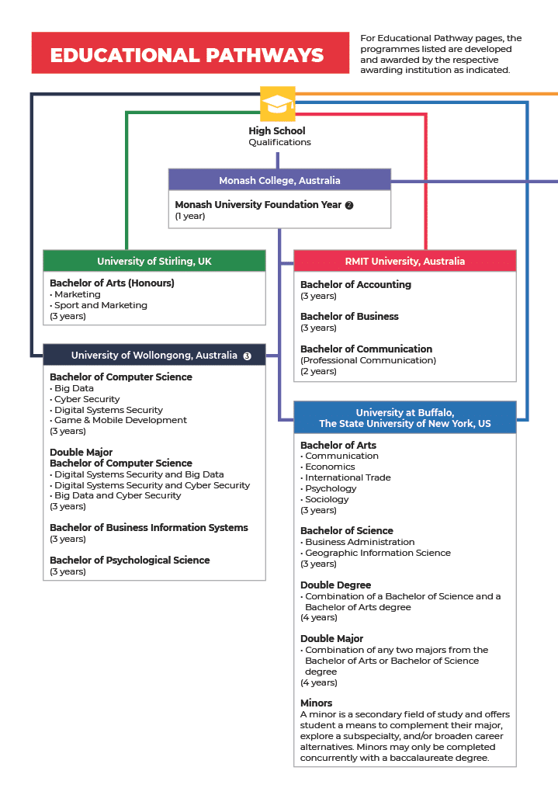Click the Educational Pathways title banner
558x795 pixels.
(x=190, y=54)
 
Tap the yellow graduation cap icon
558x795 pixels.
(x=277, y=104)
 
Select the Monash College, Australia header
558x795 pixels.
(x=279, y=181)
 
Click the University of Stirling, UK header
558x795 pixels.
(x=154, y=262)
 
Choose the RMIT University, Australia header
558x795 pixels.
(x=404, y=262)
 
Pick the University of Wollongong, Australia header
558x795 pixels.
(x=154, y=356)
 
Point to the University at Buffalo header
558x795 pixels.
(x=404, y=418)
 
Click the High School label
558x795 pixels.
(x=277, y=131)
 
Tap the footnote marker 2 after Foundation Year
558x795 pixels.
(x=349, y=205)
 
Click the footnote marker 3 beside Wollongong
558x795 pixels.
(x=248, y=356)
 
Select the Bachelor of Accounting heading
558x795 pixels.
(x=355, y=285)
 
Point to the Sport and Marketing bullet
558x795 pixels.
(x=100, y=305)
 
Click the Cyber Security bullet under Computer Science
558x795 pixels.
(x=87, y=399)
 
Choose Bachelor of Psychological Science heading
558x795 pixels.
(x=130, y=561)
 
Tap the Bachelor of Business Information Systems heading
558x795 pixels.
(x=149, y=528)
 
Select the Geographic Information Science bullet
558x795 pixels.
(x=377, y=553)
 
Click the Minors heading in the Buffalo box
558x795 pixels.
(x=316, y=703)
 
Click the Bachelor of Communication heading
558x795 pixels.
(x=366, y=349)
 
